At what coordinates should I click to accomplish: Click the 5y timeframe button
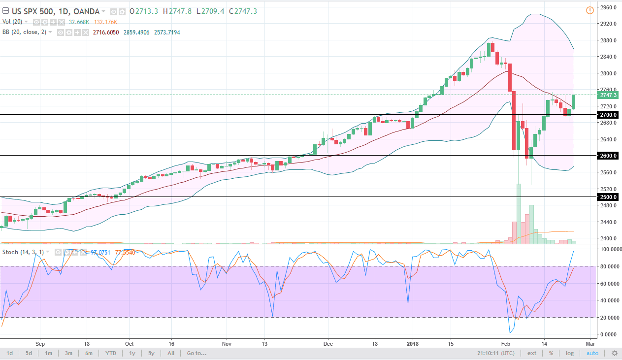[x=151, y=353]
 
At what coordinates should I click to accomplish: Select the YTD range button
[x=110, y=353]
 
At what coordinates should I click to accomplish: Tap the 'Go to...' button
[x=196, y=353]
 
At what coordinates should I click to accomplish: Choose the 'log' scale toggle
[x=570, y=353]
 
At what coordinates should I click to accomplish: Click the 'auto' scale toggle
[x=592, y=353]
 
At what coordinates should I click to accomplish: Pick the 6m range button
[x=89, y=353]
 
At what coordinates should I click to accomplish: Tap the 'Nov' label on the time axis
[x=226, y=343]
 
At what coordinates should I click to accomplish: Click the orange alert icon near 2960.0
[x=590, y=10]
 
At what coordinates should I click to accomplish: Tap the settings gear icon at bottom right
[x=614, y=353]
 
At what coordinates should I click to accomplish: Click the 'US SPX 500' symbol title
[x=29, y=11]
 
